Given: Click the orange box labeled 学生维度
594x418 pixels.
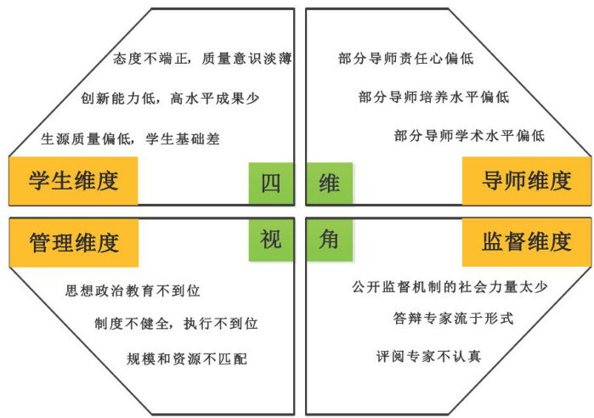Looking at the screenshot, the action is pos(73,181).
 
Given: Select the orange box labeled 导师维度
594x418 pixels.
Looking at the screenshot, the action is pos(527,181).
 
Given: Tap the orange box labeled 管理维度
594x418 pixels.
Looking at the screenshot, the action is pos(73,242).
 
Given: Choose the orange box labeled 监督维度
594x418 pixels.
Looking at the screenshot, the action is pos(527,242).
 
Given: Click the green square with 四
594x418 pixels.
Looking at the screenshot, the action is pos(270,184).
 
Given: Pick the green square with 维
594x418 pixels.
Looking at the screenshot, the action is pos(330,184).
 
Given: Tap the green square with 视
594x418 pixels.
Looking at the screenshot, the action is pos(270,240).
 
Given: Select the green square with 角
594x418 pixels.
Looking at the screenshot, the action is pos(330,240).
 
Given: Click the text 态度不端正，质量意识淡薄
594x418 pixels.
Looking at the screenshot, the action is pos(203,59).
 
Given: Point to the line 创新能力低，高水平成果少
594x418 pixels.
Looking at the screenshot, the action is pos(170,99).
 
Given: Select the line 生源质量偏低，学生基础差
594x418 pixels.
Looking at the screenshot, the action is pos(130,138).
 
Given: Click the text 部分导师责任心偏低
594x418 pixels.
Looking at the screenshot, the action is pos(405,59).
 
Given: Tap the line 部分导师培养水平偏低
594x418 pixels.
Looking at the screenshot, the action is pos(433,97).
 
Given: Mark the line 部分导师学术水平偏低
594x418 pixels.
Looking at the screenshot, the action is pos(469,136).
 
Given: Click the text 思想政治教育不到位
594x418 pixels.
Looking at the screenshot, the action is pos(133,291).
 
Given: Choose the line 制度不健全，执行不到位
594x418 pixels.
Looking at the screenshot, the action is pos(177,324).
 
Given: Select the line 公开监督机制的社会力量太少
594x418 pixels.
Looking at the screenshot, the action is pos(450,286).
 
